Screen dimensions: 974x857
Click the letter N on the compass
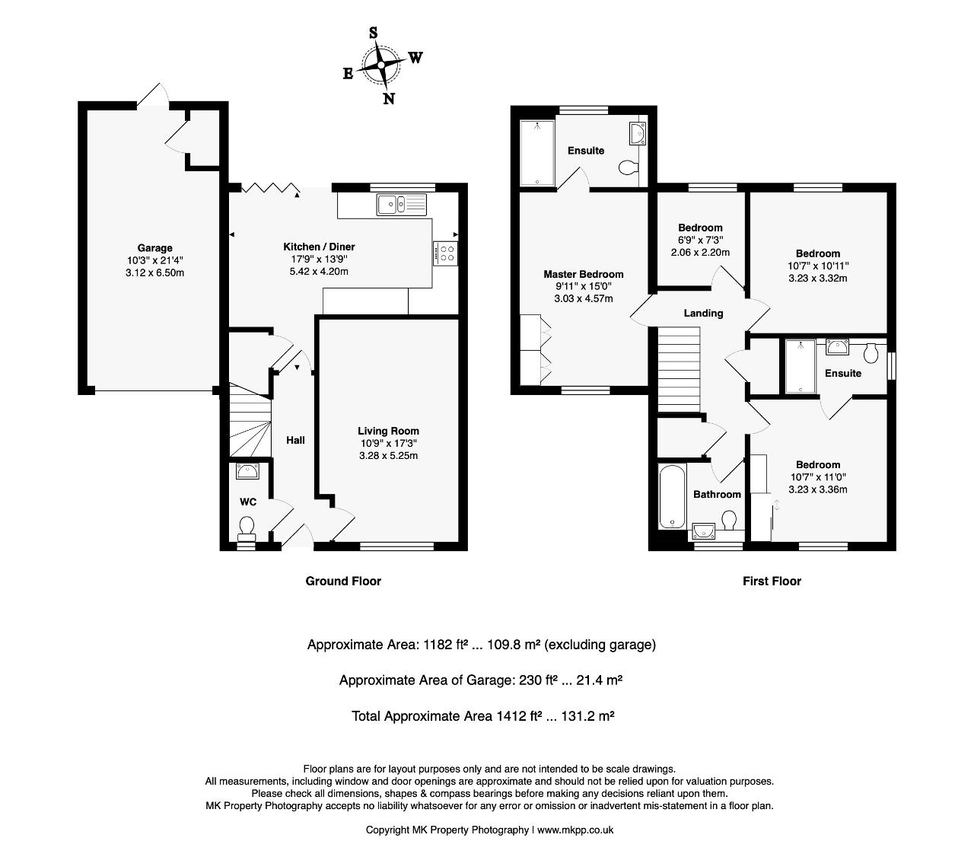pyautogui.click(x=388, y=99)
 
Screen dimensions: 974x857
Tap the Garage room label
pyautogui.click(x=154, y=248)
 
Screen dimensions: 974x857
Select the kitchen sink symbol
pyautogui.click(x=402, y=205)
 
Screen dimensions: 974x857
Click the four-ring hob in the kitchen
pyautogui.click(x=445, y=253)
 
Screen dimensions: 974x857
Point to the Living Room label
pyautogui.click(x=388, y=431)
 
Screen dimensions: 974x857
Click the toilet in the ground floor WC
pyautogui.click(x=247, y=528)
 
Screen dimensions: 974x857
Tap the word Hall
pyautogui.click(x=295, y=440)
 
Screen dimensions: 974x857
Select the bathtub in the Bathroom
pyautogui.click(x=672, y=496)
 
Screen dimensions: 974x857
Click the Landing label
pyautogui.click(x=703, y=314)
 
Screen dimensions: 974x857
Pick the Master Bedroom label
pyautogui.click(x=583, y=274)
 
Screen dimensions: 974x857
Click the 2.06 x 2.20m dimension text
pyautogui.click(x=700, y=253)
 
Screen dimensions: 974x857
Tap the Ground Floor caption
pyautogui.click(x=343, y=581)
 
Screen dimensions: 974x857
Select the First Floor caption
pyautogui.click(x=772, y=581)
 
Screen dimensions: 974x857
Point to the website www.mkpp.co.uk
pyautogui.click(x=575, y=830)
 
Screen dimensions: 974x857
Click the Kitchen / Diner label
pyautogui.click(x=319, y=247)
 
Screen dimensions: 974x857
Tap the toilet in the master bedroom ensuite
pyautogui.click(x=628, y=168)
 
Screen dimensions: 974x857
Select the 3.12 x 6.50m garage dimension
pyautogui.click(x=154, y=272)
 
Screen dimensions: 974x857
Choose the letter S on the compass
pyautogui.click(x=373, y=33)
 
